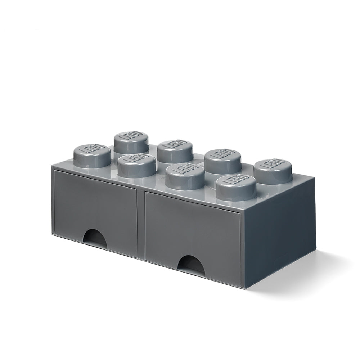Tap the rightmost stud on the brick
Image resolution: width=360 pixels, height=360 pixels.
coord(273,170)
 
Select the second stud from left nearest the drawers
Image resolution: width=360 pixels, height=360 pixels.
coord(136,165)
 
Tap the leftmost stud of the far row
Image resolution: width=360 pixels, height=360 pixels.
coord(131,143)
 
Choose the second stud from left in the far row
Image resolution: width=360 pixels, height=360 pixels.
coord(175,151)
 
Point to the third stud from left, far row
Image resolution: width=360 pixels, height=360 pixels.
coord(222,160)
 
